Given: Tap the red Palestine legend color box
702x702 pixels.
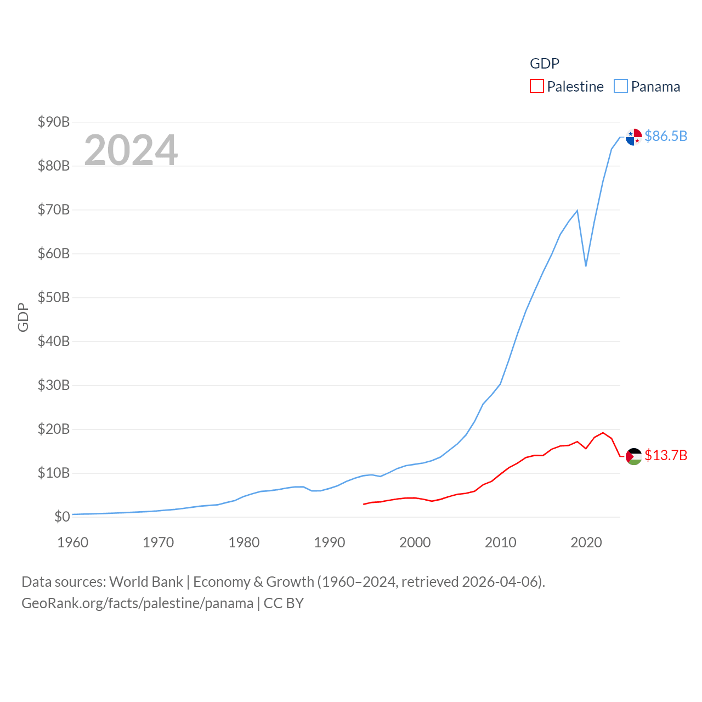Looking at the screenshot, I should (x=537, y=87).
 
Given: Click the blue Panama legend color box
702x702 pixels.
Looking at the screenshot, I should (x=621, y=87).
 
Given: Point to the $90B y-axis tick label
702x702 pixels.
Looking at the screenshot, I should (x=53, y=122).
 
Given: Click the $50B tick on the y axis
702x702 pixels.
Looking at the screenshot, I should (x=53, y=297).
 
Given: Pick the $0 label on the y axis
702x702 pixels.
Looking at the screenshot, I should (x=62, y=517).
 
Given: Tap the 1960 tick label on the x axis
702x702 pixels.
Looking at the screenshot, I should (x=73, y=542).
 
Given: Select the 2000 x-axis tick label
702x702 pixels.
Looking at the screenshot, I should (x=415, y=542).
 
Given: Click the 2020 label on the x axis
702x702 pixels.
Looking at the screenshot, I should (x=586, y=542).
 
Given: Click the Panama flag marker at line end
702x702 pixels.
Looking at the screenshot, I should (x=634, y=137).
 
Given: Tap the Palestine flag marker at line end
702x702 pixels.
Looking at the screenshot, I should (x=634, y=456).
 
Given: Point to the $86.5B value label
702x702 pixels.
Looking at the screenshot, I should (x=666, y=136).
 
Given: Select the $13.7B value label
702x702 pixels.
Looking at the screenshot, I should (x=666, y=455).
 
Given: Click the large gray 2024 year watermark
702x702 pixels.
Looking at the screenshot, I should (x=131, y=150).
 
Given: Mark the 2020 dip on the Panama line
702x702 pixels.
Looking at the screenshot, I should (x=586, y=266).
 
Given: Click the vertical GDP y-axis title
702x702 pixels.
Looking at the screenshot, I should (x=23, y=317).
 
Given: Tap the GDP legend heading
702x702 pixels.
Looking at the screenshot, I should (x=545, y=64).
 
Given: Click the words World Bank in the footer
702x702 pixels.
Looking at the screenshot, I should (x=146, y=581).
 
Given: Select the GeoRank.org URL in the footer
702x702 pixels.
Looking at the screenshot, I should (x=137, y=603).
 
